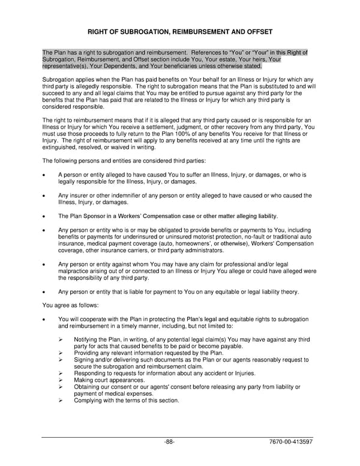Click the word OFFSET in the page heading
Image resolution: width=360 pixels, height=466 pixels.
pos(255,31)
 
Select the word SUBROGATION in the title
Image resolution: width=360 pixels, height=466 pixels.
pos(142,31)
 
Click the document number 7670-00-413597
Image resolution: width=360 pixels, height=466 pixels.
pos(292,442)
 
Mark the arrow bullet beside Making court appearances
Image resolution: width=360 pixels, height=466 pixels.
pos(61,380)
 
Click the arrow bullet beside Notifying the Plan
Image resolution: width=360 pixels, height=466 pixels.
pos(61,339)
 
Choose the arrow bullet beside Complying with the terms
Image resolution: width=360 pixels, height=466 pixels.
pos(61,401)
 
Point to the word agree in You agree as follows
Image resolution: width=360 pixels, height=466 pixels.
pos(63,305)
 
